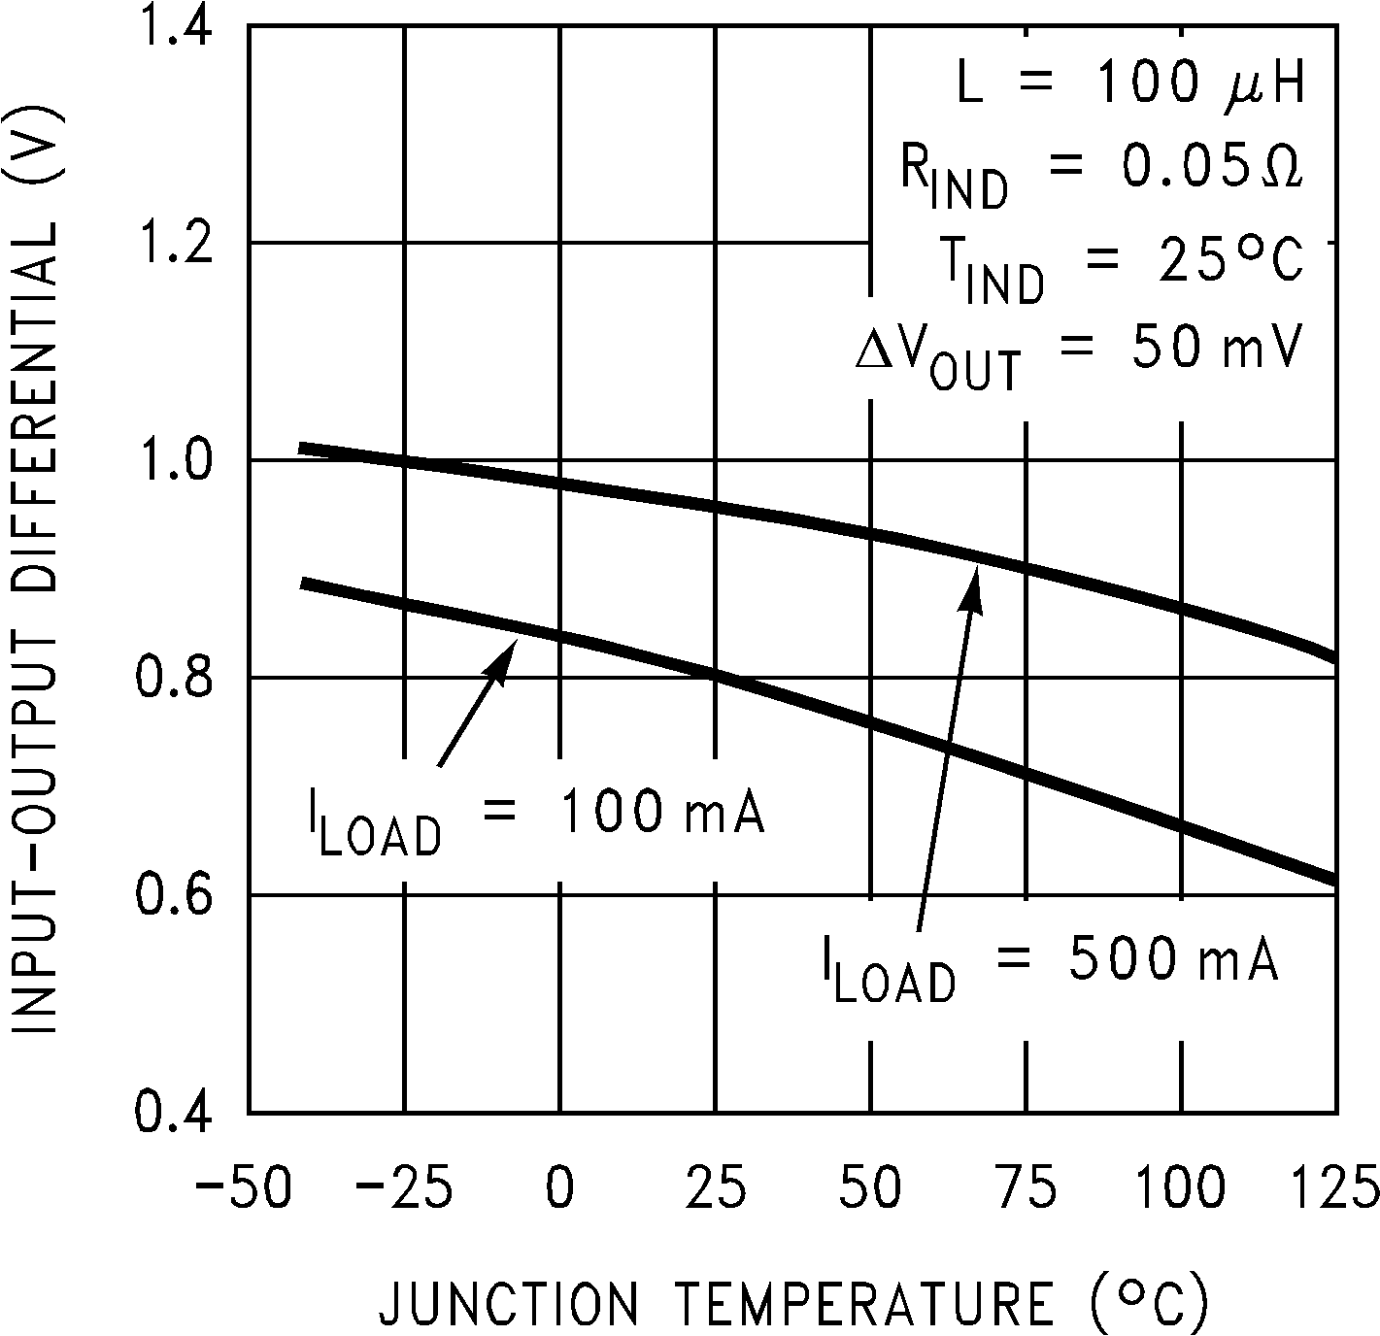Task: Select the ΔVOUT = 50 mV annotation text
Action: coord(1078,354)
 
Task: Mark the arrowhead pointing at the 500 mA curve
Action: coord(974,588)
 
